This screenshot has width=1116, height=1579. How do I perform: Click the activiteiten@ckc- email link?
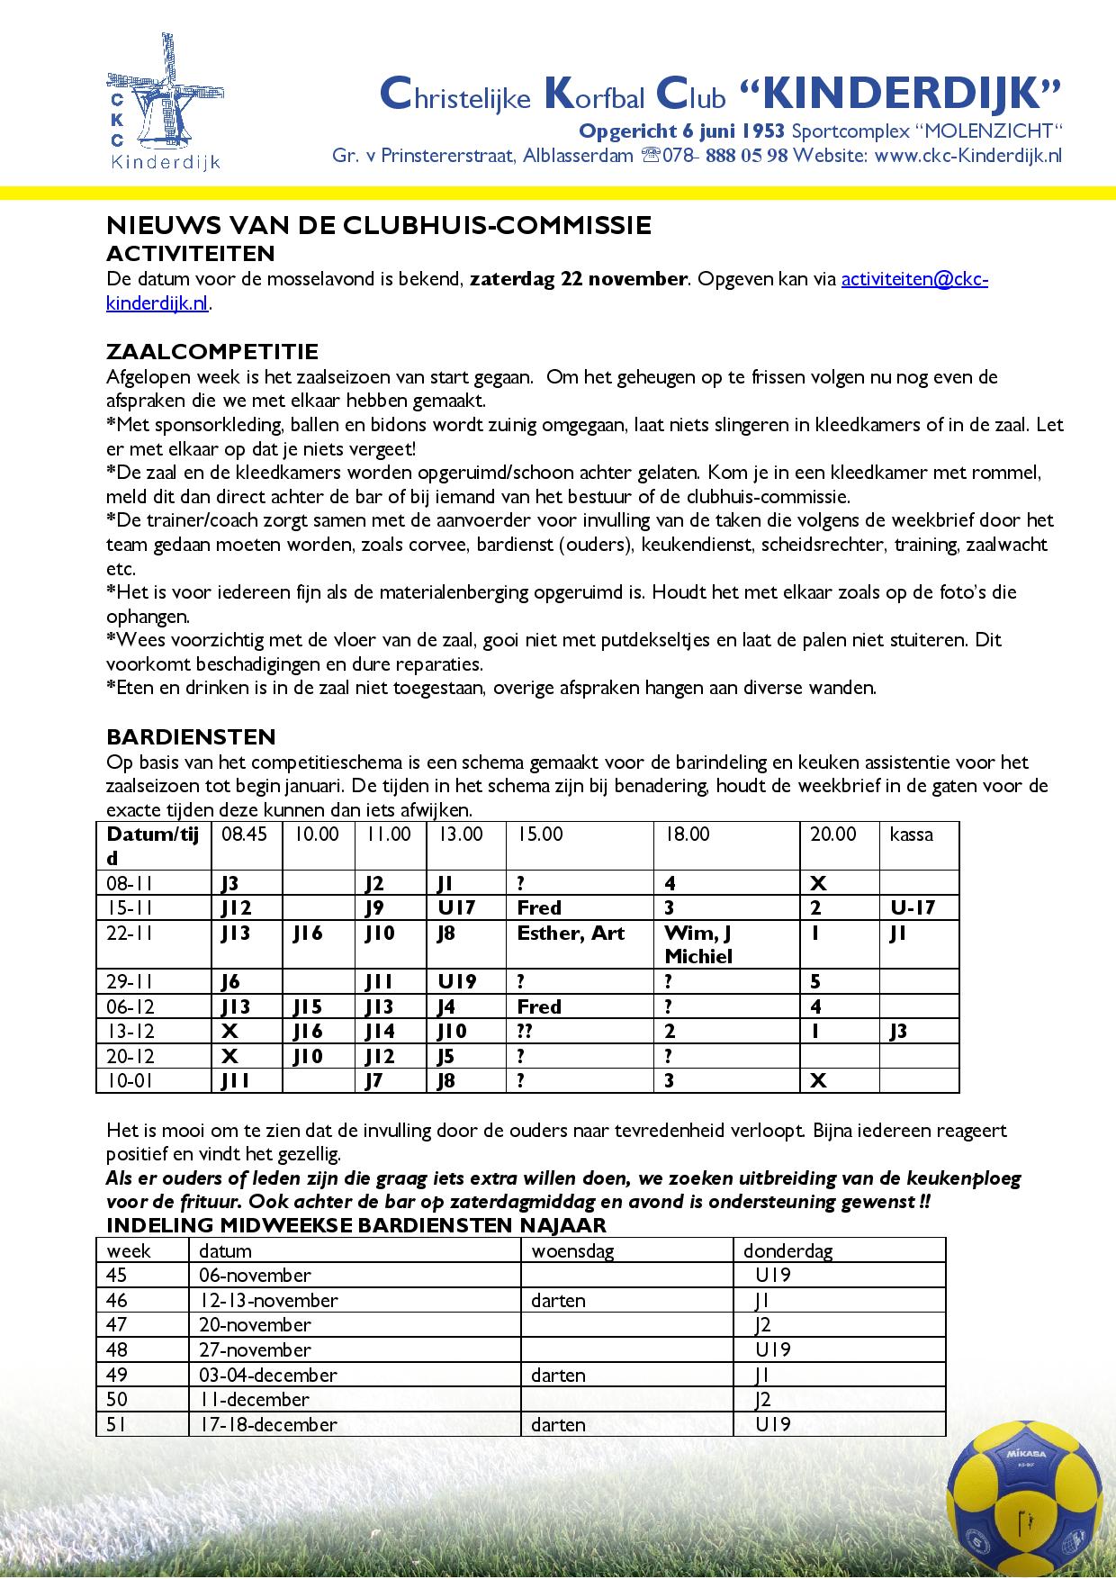click(914, 279)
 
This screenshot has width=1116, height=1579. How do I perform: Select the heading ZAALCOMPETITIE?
click(212, 351)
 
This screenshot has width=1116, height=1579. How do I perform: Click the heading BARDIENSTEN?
click(191, 736)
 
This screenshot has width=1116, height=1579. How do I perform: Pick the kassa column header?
click(911, 835)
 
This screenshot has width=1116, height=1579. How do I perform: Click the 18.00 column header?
click(687, 835)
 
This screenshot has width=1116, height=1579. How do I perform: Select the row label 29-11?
click(130, 981)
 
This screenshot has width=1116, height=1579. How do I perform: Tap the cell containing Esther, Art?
click(571, 933)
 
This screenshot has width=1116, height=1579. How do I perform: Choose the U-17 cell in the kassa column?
click(913, 907)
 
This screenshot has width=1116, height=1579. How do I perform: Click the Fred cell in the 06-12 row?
click(539, 1006)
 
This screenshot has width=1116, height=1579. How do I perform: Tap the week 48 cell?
click(118, 1349)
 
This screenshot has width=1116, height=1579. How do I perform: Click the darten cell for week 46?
click(558, 1300)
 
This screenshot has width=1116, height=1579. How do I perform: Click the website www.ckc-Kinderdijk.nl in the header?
click(968, 155)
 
